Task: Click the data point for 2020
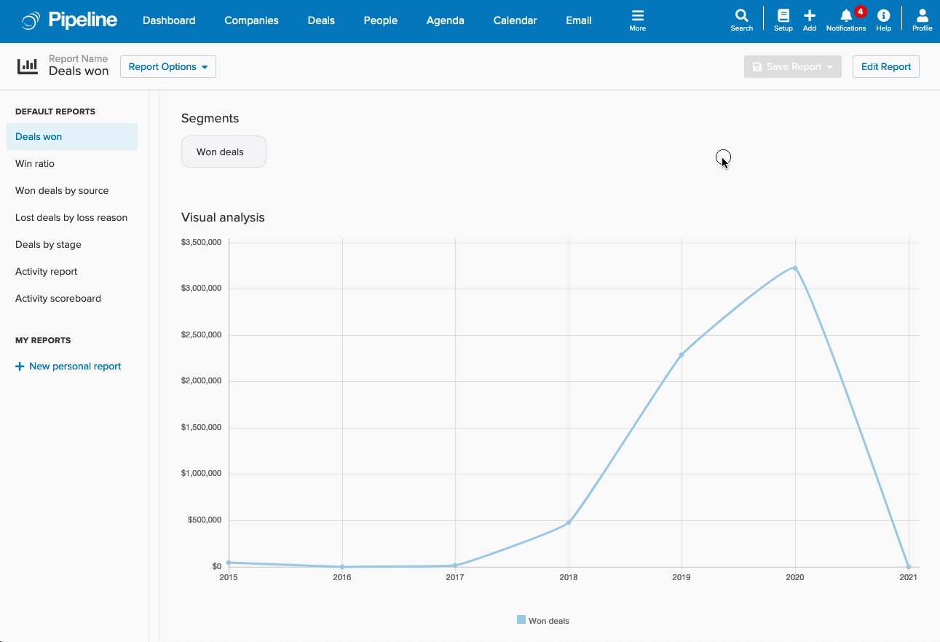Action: [795, 268]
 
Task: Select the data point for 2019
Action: [682, 355]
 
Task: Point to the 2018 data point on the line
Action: [569, 522]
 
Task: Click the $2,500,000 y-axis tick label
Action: [201, 335]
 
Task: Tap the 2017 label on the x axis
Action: [455, 578]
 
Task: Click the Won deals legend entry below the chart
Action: [543, 621]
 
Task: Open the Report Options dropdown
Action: [167, 67]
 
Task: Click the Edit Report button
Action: [885, 67]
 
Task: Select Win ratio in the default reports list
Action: [35, 164]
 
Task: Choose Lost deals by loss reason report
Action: [71, 218]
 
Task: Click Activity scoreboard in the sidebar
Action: [58, 299]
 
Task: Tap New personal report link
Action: [68, 367]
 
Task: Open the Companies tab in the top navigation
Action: [251, 20]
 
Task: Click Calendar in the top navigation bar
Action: [515, 20]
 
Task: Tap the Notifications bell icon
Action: [846, 16]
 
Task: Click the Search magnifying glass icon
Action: [741, 16]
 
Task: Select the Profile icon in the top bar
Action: [922, 16]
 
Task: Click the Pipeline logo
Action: [70, 20]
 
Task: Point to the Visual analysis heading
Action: [223, 218]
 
